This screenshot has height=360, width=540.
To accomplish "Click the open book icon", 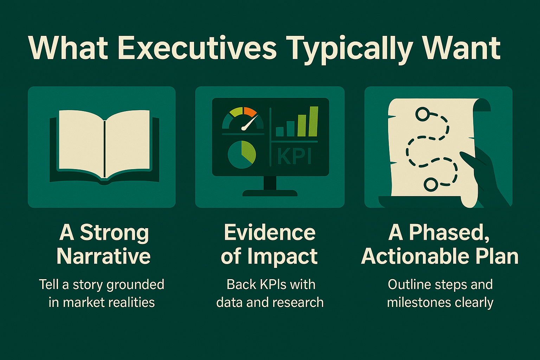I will click(x=104, y=146).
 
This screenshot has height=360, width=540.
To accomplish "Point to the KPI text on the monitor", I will click(x=295, y=156).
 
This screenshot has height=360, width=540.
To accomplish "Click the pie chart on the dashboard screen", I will click(x=242, y=154).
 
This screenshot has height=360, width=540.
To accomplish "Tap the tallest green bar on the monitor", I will click(x=313, y=121).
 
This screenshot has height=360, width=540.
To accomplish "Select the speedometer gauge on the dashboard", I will click(x=243, y=119).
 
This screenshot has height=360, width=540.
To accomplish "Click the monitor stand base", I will click(x=270, y=193).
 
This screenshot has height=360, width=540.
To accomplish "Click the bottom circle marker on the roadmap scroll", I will click(x=430, y=184).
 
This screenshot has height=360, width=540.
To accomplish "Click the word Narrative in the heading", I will click(x=104, y=256).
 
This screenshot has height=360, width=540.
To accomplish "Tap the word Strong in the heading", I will click(x=115, y=233).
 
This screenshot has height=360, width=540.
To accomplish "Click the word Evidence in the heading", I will click(x=270, y=232).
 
